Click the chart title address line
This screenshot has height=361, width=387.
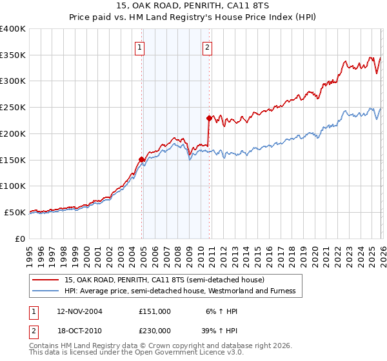tap(193, 6)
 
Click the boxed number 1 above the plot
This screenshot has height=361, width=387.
tap(140, 46)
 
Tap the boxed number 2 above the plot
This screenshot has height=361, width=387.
tap(207, 46)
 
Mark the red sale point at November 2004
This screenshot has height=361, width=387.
tap(141, 159)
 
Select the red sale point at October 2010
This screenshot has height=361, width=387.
tap(209, 118)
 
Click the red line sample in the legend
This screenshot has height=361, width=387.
tap(46, 280)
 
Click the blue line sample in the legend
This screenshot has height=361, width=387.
tap(46, 291)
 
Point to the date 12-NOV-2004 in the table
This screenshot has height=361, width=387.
tap(79, 311)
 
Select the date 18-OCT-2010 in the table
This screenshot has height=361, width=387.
tap(79, 331)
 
